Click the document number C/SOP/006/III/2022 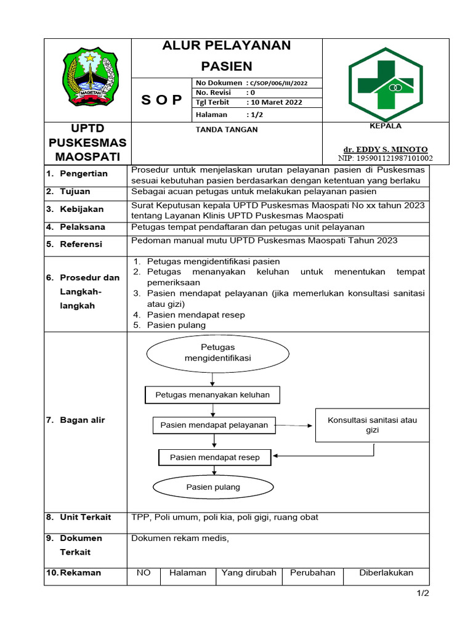(x=277, y=83)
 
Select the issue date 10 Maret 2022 (x=274, y=102)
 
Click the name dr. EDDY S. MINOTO (x=385, y=149)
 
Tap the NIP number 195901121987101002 (x=386, y=158)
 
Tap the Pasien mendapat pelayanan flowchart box (x=214, y=425)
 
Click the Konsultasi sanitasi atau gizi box (x=372, y=425)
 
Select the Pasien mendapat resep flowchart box (x=215, y=457)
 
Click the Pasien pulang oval (x=213, y=487)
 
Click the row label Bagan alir (x=82, y=420)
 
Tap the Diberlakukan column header (x=386, y=572)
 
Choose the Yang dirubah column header (x=249, y=572)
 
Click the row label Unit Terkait (x=85, y=517)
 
